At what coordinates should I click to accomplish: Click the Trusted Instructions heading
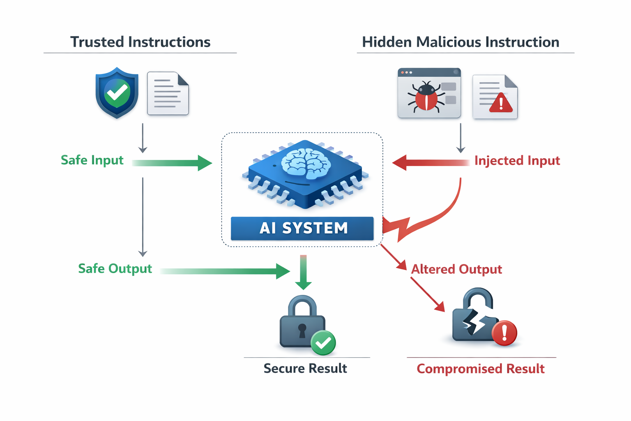(x=140, y=42)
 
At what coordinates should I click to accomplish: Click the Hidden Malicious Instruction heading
(x=460, y=42)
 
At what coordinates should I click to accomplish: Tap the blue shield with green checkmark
(x=117, y=93)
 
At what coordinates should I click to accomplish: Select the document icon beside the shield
(x=168, y=94)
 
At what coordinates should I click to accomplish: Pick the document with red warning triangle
(x=495, y=97)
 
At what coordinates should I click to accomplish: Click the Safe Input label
(x=92, y=160)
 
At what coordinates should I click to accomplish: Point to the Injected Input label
(x=517, y=160)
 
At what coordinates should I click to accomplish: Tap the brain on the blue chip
(x=306, y=164)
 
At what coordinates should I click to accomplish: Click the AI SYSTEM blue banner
(x=302, y=228)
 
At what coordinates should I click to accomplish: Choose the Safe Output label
(x=115, y=268)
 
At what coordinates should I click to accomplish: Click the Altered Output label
(x=456, y=269)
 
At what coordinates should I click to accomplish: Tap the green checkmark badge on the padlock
(x=323, y=342)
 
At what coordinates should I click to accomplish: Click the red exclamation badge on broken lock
(x=504, y=332)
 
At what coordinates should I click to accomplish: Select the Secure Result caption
(x=305, y=368)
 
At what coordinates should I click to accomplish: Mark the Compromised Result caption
(x=481, y=369)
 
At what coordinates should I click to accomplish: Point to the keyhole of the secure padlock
(x=302, y=330)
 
